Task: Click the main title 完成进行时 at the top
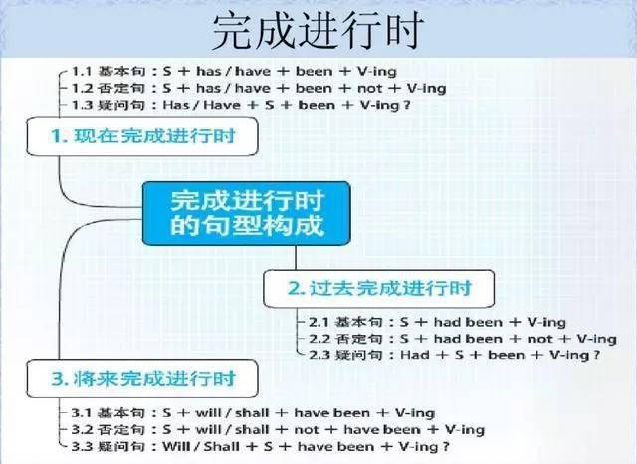pos(318,31)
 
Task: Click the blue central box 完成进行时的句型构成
pos(247,213)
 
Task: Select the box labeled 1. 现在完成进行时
pos(142,136)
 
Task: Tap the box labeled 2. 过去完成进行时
pos(378,289)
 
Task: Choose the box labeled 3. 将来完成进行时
pos(142,378)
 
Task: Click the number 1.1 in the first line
pos(82,71)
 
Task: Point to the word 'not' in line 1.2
pos(369,89)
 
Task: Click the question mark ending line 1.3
pos(406,105)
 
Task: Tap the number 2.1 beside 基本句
pos(318,322)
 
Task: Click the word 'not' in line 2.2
pos(539,339)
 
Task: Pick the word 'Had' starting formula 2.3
pos(414,355)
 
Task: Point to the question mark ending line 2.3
pos(596,355)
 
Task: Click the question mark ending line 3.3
pos(446,447)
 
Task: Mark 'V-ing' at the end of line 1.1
pos(377,72)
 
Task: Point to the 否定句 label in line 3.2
pos(121,430)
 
